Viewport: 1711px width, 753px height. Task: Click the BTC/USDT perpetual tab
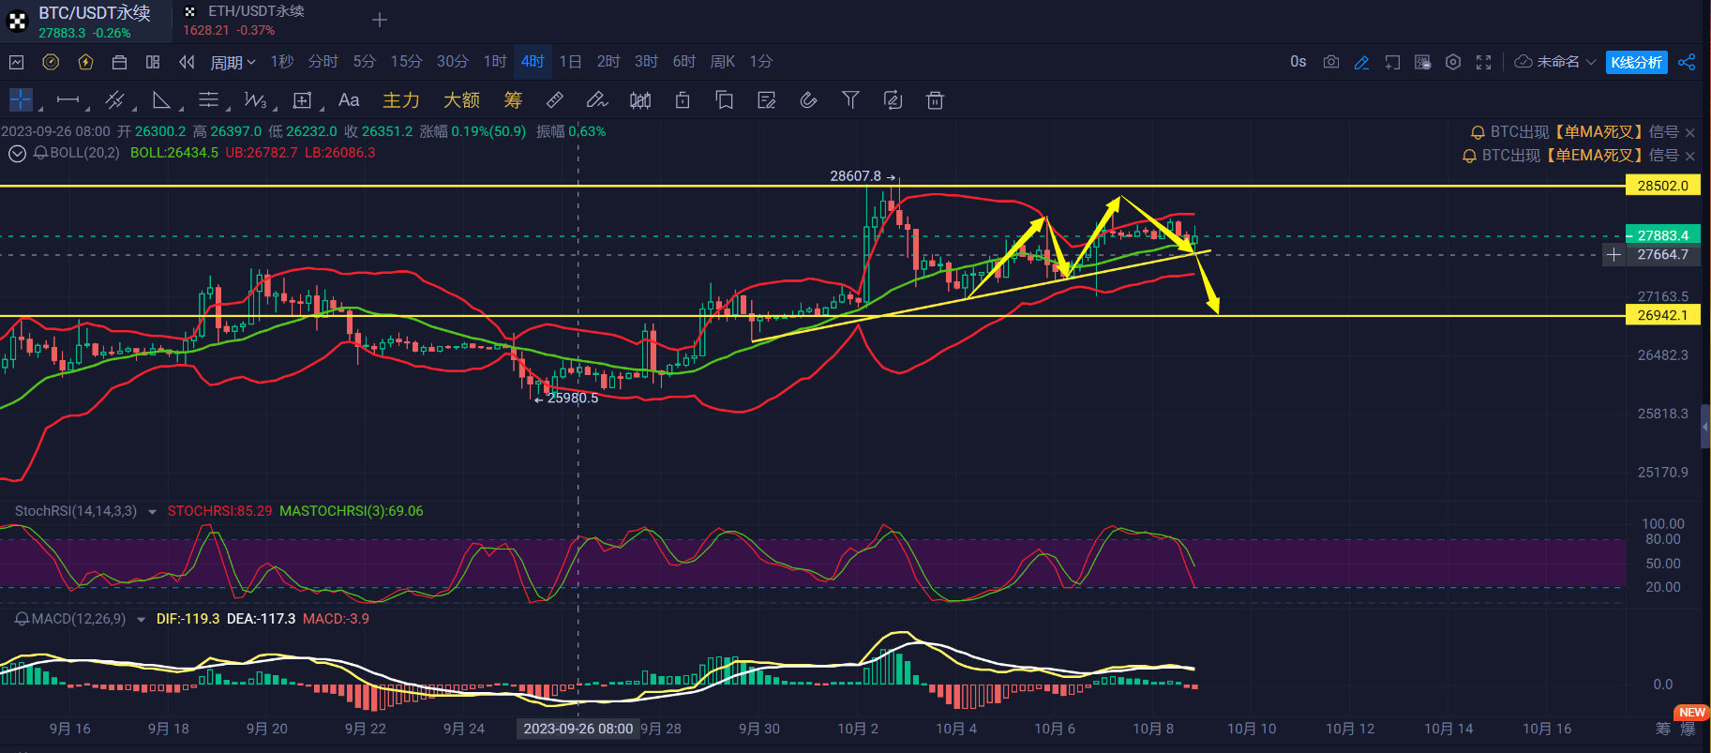coord(86,21)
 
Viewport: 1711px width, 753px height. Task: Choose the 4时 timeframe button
coord(533,62)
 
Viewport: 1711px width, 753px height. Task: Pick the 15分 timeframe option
coord(406,62)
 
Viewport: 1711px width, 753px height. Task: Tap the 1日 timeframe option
coord(570,62)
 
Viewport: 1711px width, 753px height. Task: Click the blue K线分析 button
coord(1636,62)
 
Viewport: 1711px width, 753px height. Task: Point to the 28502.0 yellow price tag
coord(1662,186)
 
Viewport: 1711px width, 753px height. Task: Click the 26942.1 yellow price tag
coord(1662,315)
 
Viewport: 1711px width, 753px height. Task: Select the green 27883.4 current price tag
coord(1662,235)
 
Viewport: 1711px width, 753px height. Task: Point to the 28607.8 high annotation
coord(855,176)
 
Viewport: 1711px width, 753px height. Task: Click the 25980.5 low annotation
coord(572,398)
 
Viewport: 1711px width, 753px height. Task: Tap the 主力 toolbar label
coord(401,100)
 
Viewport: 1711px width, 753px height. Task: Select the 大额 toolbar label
coord(461,100)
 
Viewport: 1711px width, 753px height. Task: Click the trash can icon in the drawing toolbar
coord(935,100)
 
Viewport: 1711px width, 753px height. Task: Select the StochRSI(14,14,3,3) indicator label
coord(76,511)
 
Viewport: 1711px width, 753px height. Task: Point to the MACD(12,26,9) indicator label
coord(79,619)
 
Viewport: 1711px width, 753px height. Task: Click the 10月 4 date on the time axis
coord(956,729)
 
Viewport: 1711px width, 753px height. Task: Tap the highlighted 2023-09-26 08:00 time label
coord(578,729)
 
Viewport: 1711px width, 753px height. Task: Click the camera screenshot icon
coord(1330,62)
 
